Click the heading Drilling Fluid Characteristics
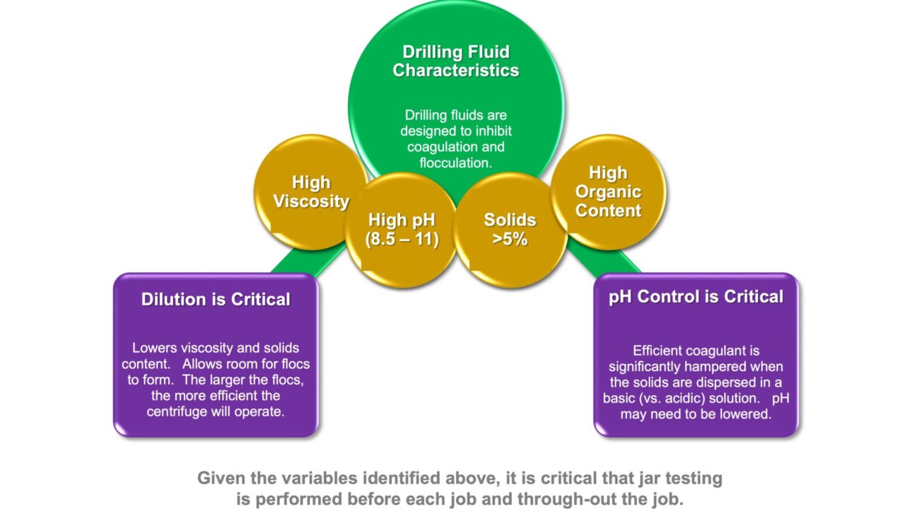[456, 62]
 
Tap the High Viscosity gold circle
[311, 192]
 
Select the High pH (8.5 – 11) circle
[402, 229]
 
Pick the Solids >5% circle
[510, 229]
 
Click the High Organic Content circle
[608, 192]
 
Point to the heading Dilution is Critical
[216, 299]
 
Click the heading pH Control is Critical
[696, 296]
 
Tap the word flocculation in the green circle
[456, 163]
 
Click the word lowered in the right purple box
[742, 414]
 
